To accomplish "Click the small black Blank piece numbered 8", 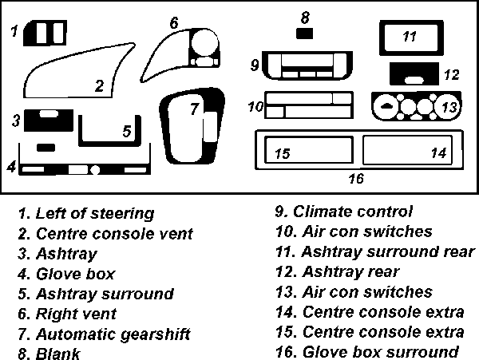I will pyautogui.click(x=304, y=33).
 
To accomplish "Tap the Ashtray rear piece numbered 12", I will pyautogui.click(x=414, y=73).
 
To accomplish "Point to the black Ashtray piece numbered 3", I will pyautogui.click(x=50, y=120).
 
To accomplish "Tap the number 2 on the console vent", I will pyautogui.click(x=99, y=86).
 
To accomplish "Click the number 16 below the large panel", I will pyautogui.click(x=356, y=178).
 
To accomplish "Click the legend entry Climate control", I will pyautogui.click(x=344, y=212).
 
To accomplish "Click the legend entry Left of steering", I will pyautogui.click(x=85, y=213).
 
